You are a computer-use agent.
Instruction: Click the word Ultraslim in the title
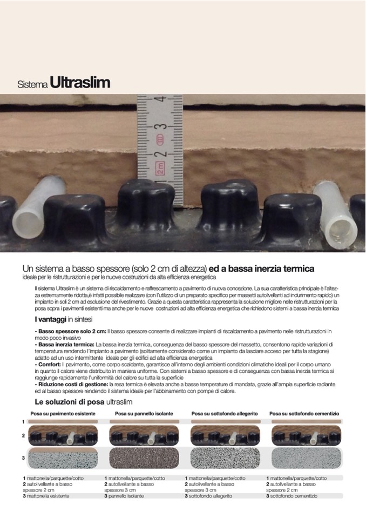80,83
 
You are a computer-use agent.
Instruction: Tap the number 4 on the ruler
161,99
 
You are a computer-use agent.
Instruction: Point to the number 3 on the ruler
161,126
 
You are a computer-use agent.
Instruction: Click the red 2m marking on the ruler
160,168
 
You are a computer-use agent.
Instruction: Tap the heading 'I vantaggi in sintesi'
63,319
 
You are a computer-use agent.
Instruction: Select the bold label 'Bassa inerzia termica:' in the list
65,345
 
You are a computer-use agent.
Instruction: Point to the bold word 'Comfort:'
48,365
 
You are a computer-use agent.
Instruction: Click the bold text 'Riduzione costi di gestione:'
71,384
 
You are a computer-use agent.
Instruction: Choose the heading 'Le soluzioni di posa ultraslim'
84,402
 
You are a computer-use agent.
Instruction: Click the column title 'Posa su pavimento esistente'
63,414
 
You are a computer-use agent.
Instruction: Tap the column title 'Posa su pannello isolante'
144,414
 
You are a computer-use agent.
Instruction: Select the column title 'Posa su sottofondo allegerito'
225,414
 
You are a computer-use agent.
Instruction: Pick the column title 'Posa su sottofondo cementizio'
304,414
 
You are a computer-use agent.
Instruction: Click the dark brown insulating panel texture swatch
144,458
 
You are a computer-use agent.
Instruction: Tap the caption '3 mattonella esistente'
46,496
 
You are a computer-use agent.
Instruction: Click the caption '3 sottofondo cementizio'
292,496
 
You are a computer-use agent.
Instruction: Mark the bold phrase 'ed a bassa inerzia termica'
261,268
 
